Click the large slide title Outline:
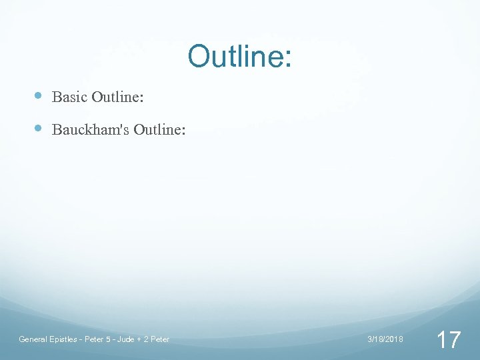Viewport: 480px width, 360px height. [239, 57]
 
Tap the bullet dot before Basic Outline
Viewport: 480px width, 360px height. [38, 96]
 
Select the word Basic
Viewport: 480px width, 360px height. [69, 97]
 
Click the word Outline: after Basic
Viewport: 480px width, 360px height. [118, 97]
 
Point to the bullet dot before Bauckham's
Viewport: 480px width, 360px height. [38, 128]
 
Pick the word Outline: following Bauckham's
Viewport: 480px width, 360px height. [159, 129]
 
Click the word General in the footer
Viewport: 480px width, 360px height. [33, 339]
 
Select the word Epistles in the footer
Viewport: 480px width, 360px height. [64, 339]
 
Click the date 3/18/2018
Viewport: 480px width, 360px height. [385, 339]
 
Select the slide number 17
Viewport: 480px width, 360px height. [448, 340]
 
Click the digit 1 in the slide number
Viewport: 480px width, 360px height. [441, 340]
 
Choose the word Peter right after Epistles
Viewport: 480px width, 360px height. [93, 339]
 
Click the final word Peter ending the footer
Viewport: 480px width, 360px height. [160, 339]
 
